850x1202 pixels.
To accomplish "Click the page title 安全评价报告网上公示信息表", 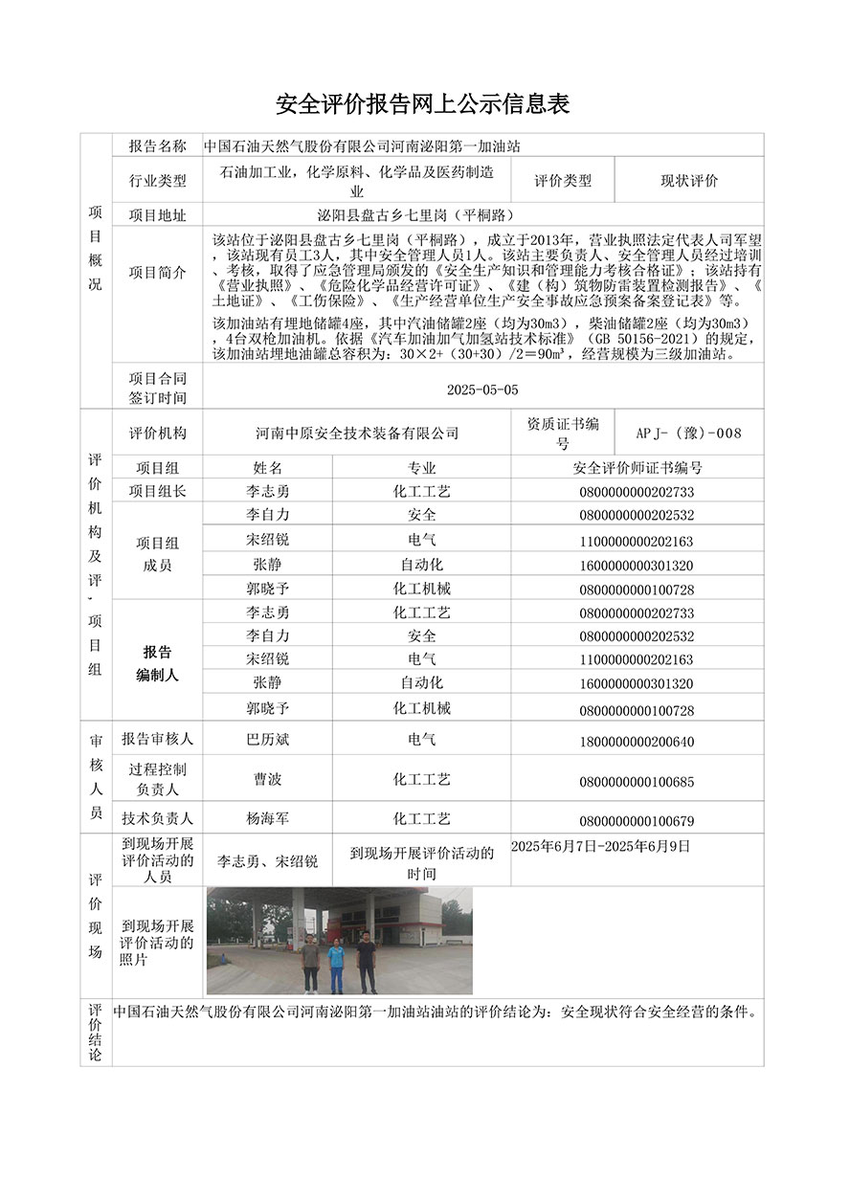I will click(x=423, y=104).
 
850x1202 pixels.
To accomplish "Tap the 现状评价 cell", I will click(x=689, y=181).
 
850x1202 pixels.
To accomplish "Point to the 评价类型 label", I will click(x=563, y=181).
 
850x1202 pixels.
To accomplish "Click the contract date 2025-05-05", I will click(x=482, y=390).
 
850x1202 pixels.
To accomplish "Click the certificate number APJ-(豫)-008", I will click(x=688, y=433).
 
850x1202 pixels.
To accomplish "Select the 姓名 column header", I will click(x=268, y=468).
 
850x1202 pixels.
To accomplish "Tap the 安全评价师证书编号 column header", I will click(x=637, y=468).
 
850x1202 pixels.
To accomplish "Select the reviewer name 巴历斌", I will click(x=268, y=740).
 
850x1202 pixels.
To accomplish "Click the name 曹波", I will click(x=268, y=780).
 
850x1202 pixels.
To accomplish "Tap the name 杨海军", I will click(x=268, y=819).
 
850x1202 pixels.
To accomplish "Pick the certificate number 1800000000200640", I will click(x=637, y=742).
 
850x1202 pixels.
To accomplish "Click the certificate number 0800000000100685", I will click(x=637, y=782).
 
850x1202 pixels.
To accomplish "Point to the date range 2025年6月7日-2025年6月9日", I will click(x=601, y=847).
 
